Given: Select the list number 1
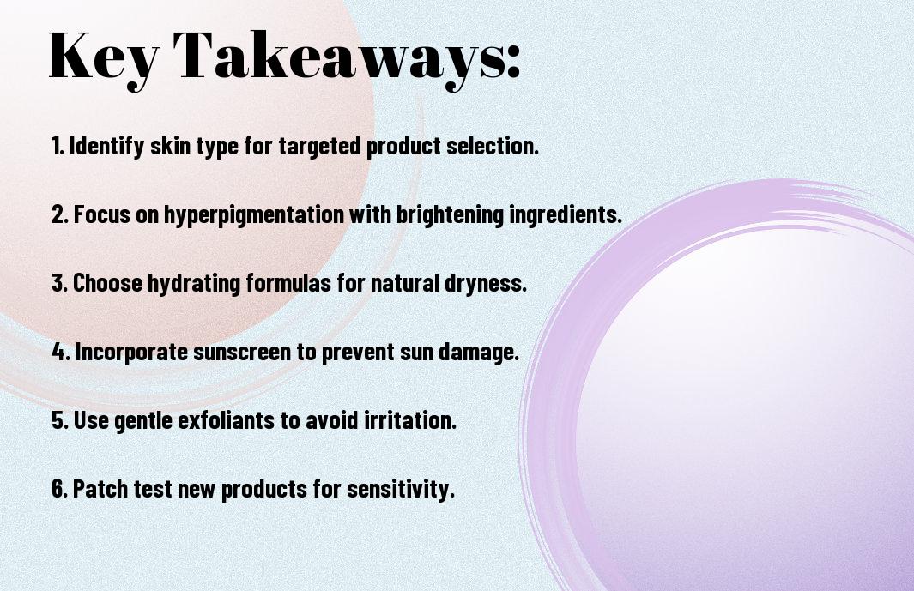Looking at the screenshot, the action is (58, 146).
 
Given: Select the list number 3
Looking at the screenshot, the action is (59, 283).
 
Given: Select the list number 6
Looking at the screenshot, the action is (59, 489).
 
